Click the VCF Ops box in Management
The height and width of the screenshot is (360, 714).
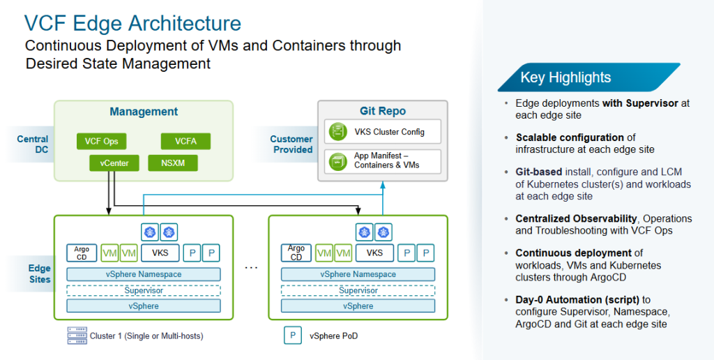click(x=101, y=142)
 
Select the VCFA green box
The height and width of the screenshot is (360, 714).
click(x=185, y=142)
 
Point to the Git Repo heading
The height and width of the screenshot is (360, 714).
click(x=382, y=111)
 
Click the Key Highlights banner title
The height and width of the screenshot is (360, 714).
click(x=565, y=77)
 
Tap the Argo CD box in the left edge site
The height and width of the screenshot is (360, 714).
click(x=82, y=253)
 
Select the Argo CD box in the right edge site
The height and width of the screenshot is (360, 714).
click(x=296, y=253)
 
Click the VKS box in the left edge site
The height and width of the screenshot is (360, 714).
click(x=160, y=253)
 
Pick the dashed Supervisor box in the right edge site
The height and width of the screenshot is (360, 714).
click(x=358, y=290)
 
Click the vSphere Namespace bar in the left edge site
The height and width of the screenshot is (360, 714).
click(x=144, y=274)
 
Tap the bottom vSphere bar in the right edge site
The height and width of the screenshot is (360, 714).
click(x=358, y=306)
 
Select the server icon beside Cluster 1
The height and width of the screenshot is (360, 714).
click(x=76, y=336)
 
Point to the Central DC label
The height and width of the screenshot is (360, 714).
click(x=32, y=144)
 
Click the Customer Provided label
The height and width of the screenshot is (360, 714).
click(x=291, y=144)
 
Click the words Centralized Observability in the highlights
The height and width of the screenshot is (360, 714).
click(x=565, y=218)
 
